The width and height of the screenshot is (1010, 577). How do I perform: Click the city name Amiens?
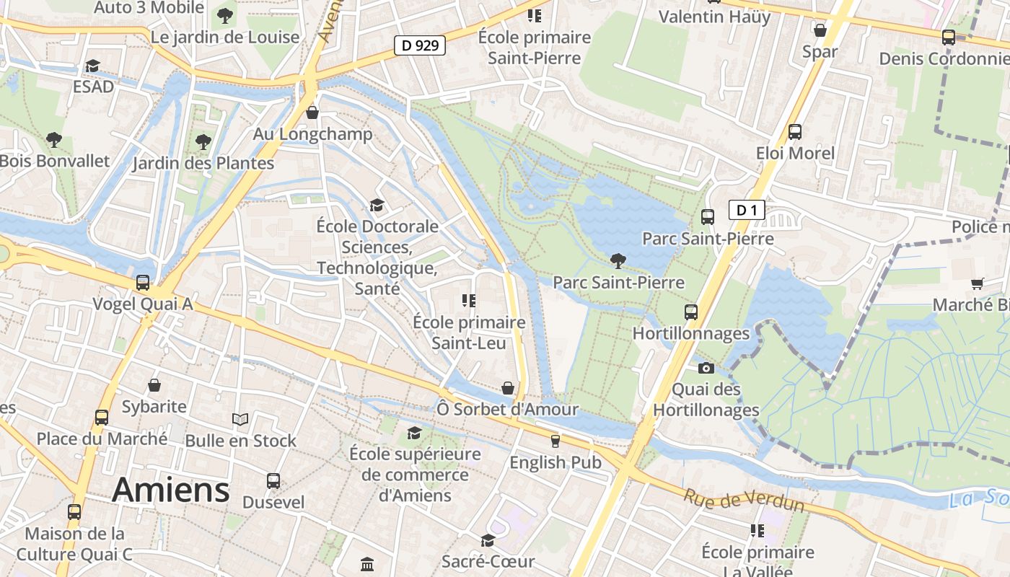171,490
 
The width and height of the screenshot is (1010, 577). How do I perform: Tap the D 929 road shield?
419,45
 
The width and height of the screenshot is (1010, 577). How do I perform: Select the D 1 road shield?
746,211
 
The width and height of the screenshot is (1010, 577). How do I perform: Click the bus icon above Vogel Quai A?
143,283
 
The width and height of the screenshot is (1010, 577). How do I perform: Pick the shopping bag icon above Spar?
820,30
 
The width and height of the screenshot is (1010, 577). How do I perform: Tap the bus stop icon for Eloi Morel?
794,132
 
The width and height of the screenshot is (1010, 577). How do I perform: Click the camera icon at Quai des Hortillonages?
706,369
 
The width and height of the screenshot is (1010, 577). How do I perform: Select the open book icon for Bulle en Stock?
240,419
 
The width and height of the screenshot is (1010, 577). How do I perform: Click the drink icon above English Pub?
555,441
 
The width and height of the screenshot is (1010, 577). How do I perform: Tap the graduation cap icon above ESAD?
92,66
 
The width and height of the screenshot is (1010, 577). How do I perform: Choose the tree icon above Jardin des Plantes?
203,142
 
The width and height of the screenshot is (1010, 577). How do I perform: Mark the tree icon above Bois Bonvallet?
53,139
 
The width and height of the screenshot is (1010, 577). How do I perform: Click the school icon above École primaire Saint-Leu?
469,301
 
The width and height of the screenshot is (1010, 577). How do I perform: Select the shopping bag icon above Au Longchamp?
312,113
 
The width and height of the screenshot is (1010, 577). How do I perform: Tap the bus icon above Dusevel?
273,481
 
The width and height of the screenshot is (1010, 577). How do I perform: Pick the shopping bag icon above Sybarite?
154,386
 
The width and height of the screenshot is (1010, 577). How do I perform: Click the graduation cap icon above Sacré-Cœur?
488,540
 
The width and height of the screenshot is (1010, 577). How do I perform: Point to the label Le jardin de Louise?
224,37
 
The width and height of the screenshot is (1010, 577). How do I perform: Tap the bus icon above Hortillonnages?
690,312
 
